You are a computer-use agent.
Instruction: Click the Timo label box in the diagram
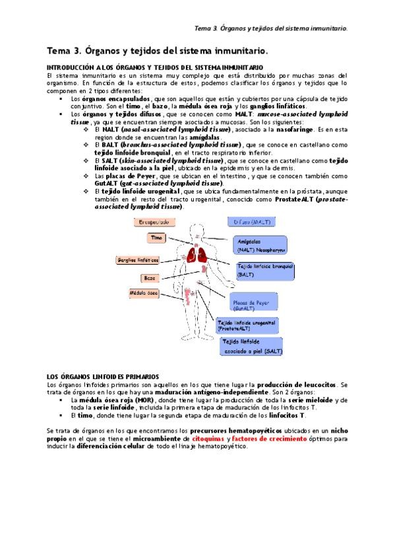point(156,237)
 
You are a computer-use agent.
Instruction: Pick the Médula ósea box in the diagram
point(144,293)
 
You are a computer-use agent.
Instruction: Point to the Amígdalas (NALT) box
point(261,246)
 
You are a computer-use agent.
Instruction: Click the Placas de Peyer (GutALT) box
point(257,304)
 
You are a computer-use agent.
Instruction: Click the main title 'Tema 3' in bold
point(157,50)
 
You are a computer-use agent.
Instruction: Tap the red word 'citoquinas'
point(205,438)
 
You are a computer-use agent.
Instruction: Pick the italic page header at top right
point(272,28)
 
